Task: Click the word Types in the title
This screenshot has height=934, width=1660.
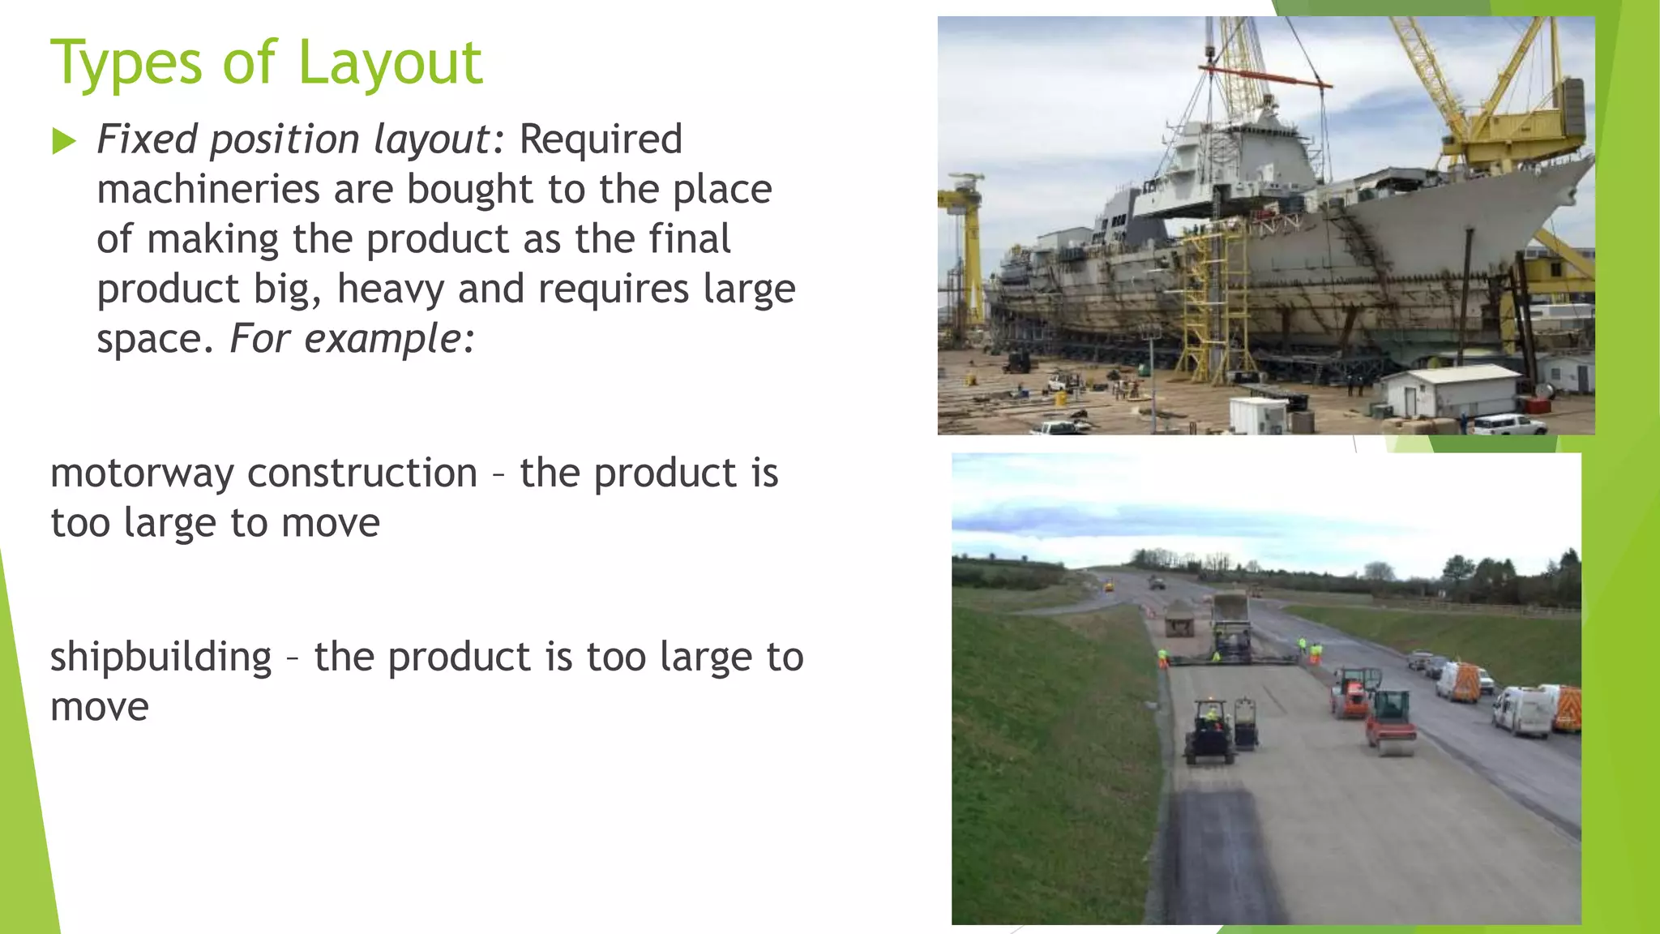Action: [126, 63]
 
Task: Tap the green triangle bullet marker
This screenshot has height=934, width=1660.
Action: [63, 142]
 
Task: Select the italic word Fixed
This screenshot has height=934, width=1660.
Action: [147, 139]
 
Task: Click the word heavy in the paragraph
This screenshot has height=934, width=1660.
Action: [390, 289]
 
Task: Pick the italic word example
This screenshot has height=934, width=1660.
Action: [382, 339]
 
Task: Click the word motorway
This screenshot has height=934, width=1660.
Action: [142, 473]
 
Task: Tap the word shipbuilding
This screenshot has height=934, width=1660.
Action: [160, 658]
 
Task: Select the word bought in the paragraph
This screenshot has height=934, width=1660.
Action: [470, 190]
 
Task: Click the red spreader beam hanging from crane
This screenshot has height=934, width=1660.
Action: [1269, 76]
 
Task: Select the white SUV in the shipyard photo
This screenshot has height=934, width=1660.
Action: [1508, 423]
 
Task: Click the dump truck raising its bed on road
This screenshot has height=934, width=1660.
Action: [1230, 612]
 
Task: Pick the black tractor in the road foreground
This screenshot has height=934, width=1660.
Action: [1209, 733]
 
